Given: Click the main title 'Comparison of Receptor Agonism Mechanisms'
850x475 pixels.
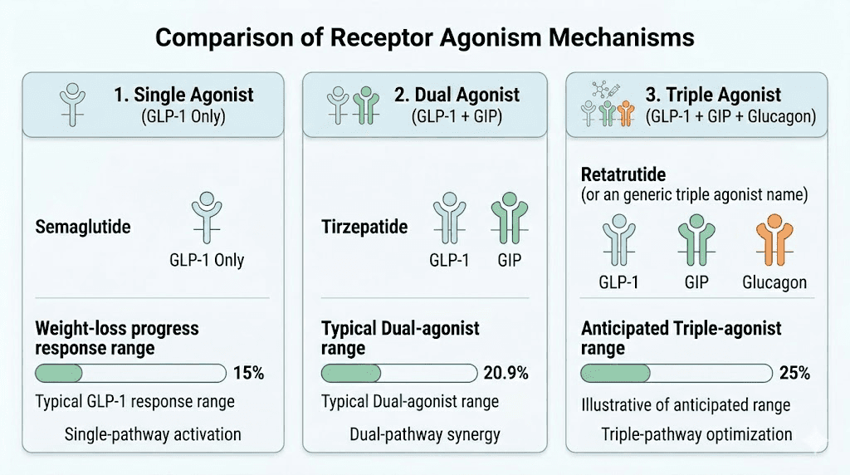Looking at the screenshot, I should point(425,38).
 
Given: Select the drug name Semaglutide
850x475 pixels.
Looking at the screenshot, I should point(83,227).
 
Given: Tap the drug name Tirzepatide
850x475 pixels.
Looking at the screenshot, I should point(364,227).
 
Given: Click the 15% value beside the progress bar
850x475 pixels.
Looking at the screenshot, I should point(248,374).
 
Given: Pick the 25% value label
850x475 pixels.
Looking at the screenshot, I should point(794,374).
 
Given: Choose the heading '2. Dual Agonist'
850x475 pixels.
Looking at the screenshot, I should point(457,95).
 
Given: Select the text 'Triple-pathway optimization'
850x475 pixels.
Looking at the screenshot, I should point(696,433).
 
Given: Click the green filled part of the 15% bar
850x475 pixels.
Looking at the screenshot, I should point(58,374).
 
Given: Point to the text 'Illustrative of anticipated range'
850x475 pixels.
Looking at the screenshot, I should point(685,405).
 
